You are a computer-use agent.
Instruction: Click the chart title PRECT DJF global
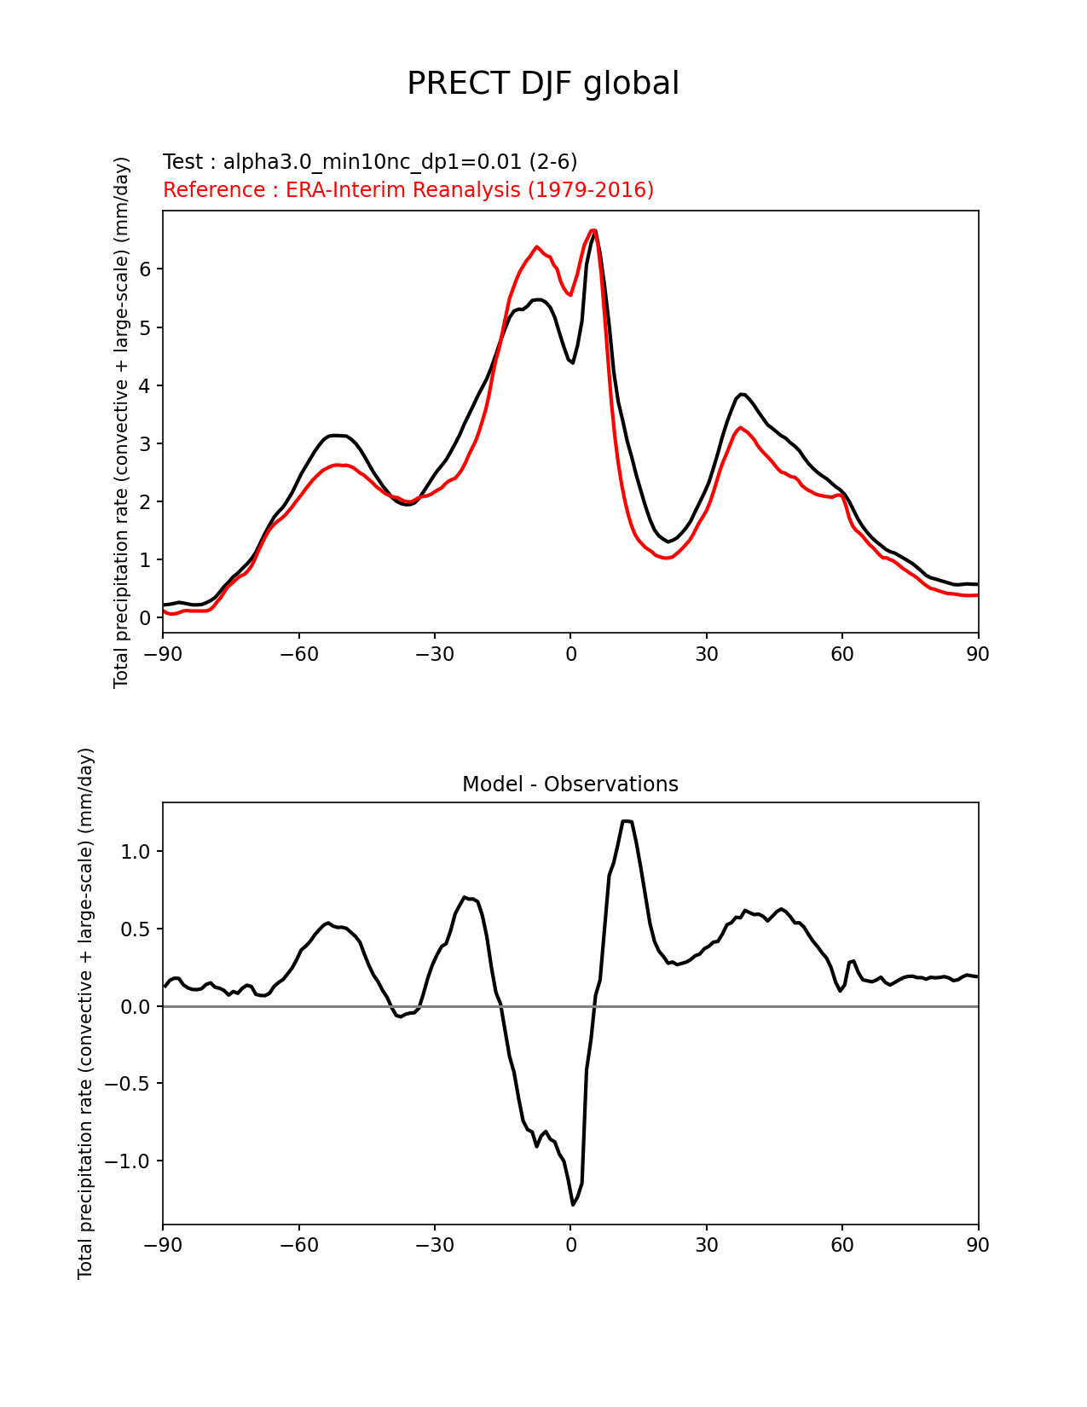(x=543, y=84)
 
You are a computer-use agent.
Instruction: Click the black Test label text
(x=370, y=162)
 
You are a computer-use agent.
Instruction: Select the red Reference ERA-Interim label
(x=408, y=190)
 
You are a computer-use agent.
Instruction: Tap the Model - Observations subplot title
(x=570, y=785)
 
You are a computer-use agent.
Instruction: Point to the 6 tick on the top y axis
(x=145, y=269)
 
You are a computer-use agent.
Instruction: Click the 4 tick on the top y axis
(x=145, y=385)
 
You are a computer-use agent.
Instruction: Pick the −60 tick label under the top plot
(x=298, y=655)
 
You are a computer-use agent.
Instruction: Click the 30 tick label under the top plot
(x=707, y=655)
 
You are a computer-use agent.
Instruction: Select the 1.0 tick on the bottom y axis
(x=136, y=852)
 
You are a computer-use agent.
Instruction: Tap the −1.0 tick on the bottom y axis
(x=130, y=1161)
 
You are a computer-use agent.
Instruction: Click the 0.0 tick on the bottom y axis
(x=136, y=1007)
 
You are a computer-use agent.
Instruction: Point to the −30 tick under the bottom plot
(x=434, y=1246)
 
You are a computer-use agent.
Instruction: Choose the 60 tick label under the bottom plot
(x=842, y=1246)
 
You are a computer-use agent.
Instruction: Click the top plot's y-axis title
(x=122, y=422)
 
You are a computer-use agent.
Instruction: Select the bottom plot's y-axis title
(x=85, y=1013)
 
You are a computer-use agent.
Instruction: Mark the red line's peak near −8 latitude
(x=536, y=247)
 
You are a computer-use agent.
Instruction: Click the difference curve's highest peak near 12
(x=627, y=821)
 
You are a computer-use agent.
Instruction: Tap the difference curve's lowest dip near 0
(x=573, y=1204)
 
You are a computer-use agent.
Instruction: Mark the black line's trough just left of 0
(x=573, y=362)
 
